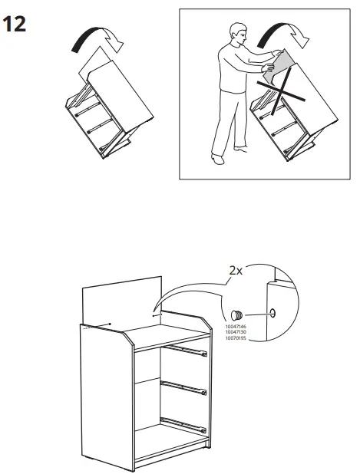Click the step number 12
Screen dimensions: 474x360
tap(15, 24)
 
